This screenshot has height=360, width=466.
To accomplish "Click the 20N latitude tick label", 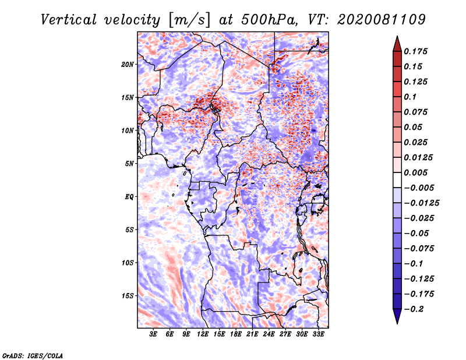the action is pyautogui.click(x=128, y=65).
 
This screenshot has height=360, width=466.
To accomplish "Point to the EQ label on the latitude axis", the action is pyautogui.click(x=129, y=197).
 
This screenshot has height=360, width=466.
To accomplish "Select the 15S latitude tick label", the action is pyautogui.click(x=128, y=296).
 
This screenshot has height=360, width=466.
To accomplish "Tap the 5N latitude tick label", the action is pyautogui.click(x=129, y=164).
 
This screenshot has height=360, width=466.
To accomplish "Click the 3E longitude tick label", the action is pyautogui.click(x=153, y=334).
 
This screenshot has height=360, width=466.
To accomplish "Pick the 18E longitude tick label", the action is pyautogui.click(x=236, y=334).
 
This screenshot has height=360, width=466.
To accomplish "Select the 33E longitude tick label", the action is pyautogui.click(x=318, y=334).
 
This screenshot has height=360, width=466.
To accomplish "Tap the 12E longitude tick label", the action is pyautogui.click(x=203, y=334).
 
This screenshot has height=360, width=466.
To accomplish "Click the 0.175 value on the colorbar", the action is pyautogui.click(x=416, y=51).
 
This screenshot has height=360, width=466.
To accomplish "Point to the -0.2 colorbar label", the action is pyautogui.click(x=414, y=309).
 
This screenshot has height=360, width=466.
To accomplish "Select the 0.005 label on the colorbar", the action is pyautogui.click(x=416, y=172).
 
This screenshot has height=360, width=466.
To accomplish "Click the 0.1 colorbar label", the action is pyautogui.click(x=411, y=97).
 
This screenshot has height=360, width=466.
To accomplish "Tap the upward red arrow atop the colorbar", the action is pyautogui.click(x=397, y=44).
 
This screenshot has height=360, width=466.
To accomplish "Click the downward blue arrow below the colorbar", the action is pyautogui.click(x=397, y=316).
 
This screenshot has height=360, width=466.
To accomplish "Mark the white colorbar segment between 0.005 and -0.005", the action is pyautogui.click(x=397, y=180).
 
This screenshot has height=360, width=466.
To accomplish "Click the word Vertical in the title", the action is pyautogui.click(x=69, y=20).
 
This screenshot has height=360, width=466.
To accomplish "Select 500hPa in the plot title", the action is pyautogui.click(x=269, y=20).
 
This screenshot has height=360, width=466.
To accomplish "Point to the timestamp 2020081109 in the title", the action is pyautogui.click(x=382, y=20).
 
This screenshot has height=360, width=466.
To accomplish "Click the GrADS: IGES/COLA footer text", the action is pyautogui.click(x=33, y=355).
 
